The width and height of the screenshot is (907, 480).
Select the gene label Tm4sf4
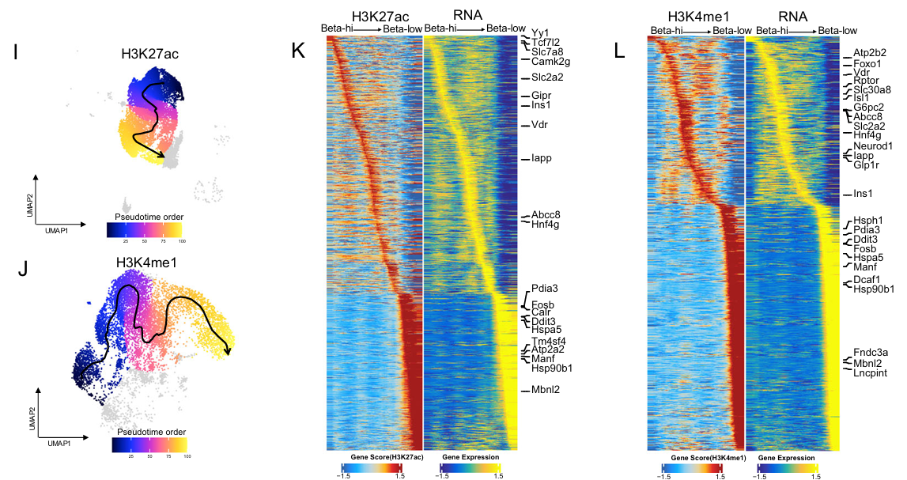pyautogui.click(x=548, y=341)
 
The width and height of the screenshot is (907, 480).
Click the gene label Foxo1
pyautogui.click(x=867, y=63)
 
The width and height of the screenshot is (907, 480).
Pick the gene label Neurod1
pyautogui.click(x=873, y=146)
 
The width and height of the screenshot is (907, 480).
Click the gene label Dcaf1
pyautogui.click(x=867, y=279)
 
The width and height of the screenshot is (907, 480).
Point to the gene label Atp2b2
pyautogui.click(x=870, y=52)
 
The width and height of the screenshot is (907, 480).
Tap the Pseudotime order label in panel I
pyautogui.click(x=145, y=216)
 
